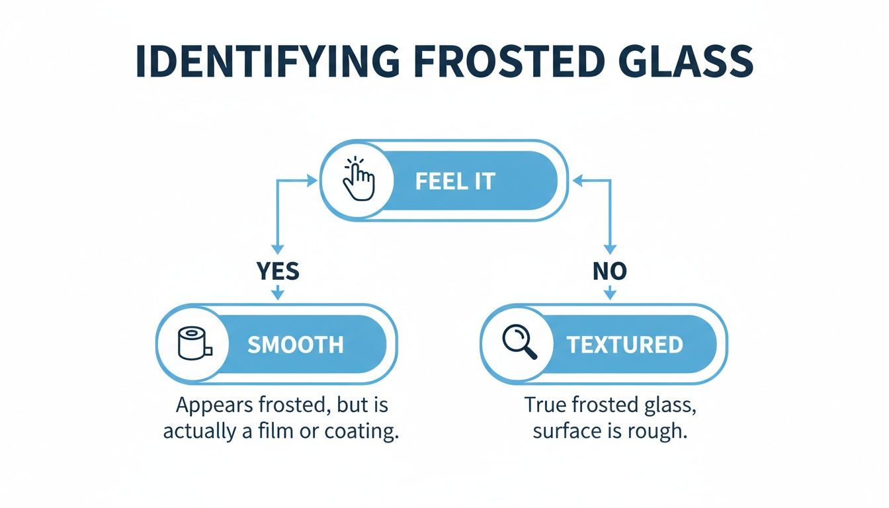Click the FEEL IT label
tap(455, 182)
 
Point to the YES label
tap(277, 271)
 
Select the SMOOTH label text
tap(296, 345)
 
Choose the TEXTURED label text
tap(624, 345)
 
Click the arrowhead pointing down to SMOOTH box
tap(277, 294)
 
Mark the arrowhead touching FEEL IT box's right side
tap(575, 179)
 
